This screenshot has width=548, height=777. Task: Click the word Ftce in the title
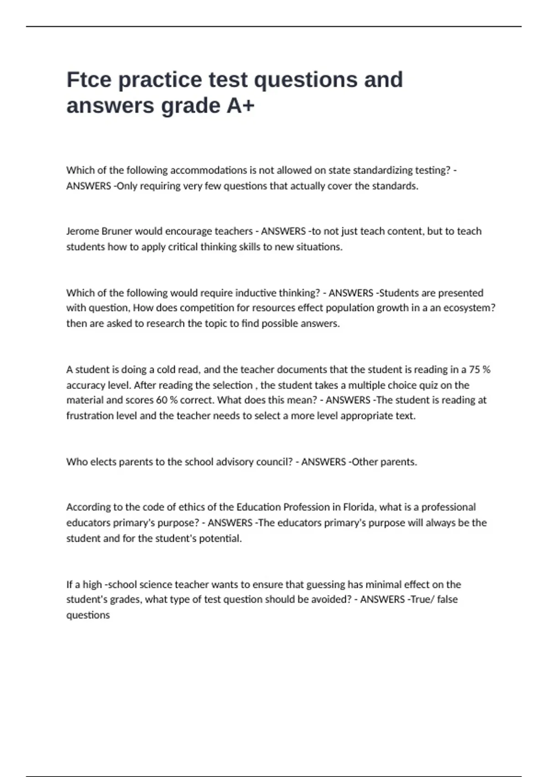point(89,80)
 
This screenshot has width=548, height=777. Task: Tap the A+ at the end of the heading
point(240,106)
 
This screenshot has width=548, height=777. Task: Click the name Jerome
point(82,231)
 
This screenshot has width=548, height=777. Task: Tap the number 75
point(474,369)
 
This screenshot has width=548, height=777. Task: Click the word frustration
point(89,416)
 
